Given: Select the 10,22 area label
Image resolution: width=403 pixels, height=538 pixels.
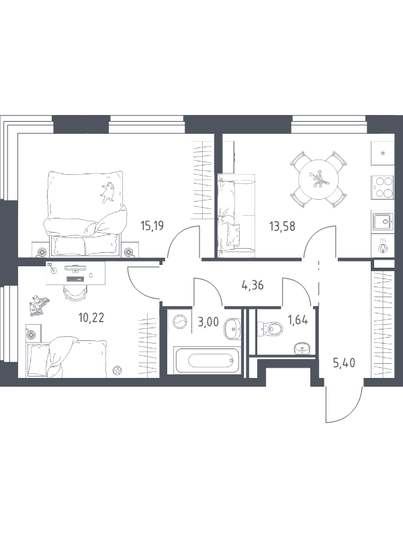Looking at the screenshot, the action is (91, 318).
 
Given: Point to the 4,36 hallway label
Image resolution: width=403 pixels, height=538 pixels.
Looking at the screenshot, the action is (253, 285).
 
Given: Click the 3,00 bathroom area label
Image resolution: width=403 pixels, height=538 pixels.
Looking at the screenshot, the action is (208, 322).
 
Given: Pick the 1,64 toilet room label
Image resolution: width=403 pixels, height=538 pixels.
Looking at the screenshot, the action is (298, 321).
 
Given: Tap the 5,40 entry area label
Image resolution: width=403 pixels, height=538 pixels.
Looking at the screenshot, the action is (344, 362).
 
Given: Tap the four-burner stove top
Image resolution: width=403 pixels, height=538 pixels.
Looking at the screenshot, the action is (382, 188).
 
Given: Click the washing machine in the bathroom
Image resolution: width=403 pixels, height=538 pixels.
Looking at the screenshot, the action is (179, 323).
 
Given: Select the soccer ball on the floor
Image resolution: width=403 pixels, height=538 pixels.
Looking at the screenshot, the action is (118, 371).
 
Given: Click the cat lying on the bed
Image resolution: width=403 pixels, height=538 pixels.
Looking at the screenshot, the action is (107, 193).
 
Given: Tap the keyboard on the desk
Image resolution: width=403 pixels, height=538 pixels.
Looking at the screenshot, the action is (75, 279).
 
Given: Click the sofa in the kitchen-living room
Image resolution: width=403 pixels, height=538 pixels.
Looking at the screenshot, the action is (236, 215).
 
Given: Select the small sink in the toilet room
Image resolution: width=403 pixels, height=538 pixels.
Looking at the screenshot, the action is (302, 348).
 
